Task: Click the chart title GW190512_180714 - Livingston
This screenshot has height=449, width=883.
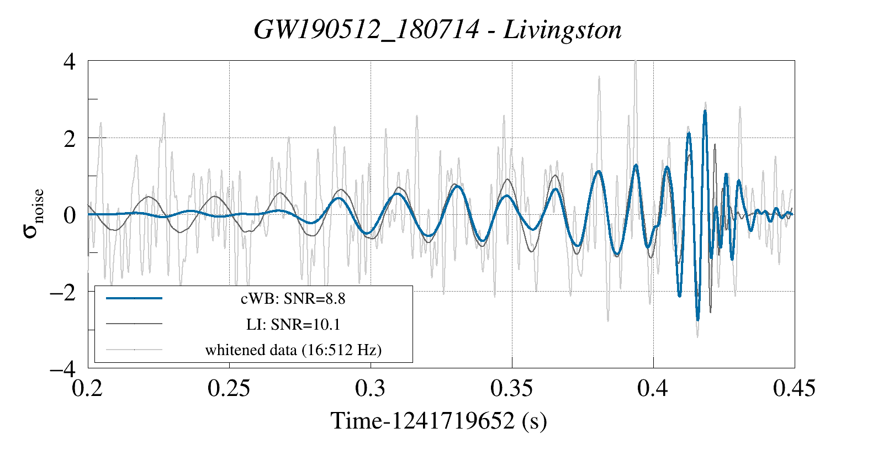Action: (x=437, y=30)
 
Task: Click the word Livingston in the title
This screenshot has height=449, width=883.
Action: (x=562, y=30)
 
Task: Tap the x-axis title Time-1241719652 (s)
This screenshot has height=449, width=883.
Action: (x=438, y=421)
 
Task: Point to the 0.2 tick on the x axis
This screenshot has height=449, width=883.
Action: (x=88, y=389)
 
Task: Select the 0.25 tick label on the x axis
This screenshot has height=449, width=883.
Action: (x=229, y=389)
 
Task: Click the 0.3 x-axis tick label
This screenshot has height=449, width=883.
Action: (x=370, y=389)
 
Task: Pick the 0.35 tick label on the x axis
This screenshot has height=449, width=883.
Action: (x=511, y=389)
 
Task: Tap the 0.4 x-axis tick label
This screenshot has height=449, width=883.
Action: (x=653, y=389)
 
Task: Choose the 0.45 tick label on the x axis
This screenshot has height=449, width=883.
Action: (x=794, y=389)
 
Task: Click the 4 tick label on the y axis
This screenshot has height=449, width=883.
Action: (x=69, y=61)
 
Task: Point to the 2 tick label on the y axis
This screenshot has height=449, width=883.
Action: (x=69, y=138)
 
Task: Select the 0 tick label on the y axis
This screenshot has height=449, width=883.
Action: (x=69, y=215)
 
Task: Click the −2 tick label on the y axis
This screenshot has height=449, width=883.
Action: (x=62, y=292)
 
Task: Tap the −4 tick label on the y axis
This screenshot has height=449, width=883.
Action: (x=62, y=368)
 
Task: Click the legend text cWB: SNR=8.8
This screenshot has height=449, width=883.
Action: (x=293, y=299)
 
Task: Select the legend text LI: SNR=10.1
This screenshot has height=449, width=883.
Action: (x=293, y=324)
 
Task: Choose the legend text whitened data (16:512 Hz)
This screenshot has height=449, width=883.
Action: (x=293, y=350)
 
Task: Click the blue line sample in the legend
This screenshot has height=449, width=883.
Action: (x=134, y=298)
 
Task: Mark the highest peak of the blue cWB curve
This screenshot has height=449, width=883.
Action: (x=705, y=111)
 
